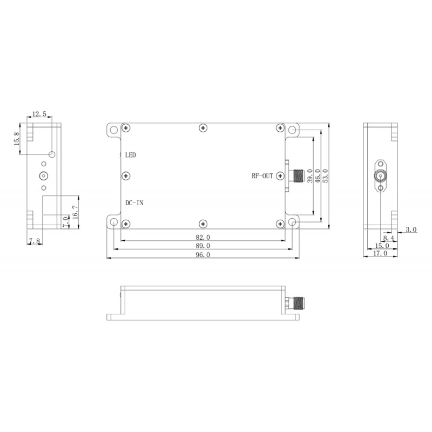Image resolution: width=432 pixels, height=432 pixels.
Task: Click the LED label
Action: pyautogui.click(x=131, y=155)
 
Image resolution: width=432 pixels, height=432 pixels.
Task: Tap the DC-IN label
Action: pyautogui.click(x=134, y=203)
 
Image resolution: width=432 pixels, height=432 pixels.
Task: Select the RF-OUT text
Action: pyautogui.click(x=262, y=176)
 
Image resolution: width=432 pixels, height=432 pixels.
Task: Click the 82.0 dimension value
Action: pyautogui.click(x=203, y=237)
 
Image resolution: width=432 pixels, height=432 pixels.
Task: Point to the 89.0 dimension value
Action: pyautogui.click(x=203, y=246)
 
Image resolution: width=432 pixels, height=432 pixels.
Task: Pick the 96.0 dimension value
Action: pyautogui.click(x=203, y=255)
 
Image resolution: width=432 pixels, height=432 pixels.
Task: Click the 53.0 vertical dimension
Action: pyautogui.click(x=326, y=177)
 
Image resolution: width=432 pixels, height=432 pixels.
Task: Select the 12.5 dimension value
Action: pyautogui.click(x=39, y=114)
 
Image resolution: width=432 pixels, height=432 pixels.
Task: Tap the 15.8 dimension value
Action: pyautogui.click(x=16, y=139)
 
